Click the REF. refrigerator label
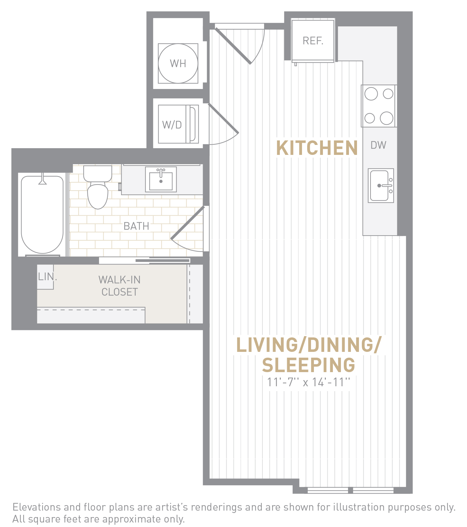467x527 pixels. [313, 41]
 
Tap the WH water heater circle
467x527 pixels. [178, 63]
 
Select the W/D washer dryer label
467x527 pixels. [172, 125]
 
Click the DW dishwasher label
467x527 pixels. [378, 145]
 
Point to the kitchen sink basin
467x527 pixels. [380, 186]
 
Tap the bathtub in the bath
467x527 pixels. [42, 214]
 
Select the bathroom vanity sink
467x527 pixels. [161, 179]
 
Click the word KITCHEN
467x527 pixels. [317, 148]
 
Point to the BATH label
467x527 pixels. [136, 226]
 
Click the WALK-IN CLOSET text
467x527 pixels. [120, 286]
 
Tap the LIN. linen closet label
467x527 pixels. [47, 277]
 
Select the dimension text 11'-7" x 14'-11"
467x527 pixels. [308, 382]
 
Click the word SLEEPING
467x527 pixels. [309, 365]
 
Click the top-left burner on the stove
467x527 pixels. [371, 94]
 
